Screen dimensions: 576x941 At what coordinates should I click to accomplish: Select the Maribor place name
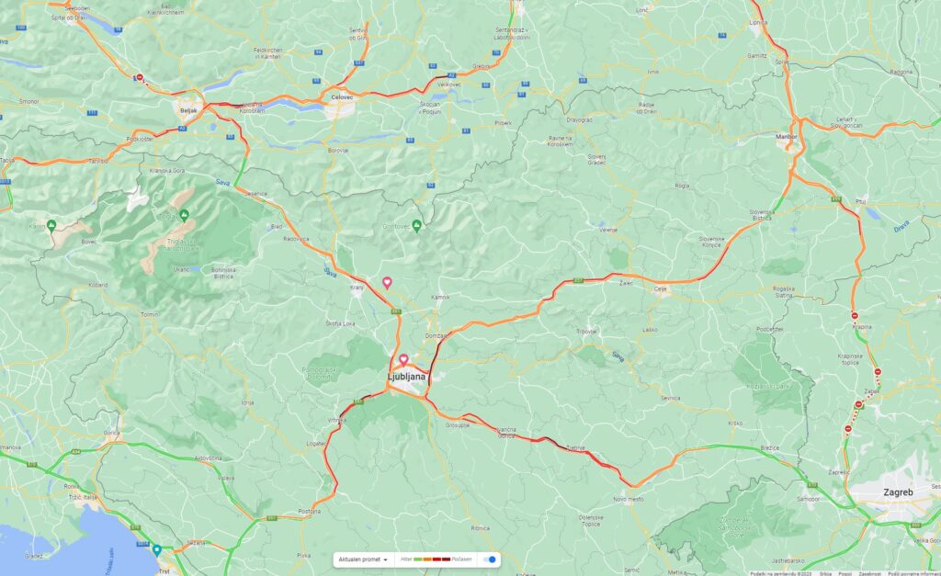[x=786, y=137]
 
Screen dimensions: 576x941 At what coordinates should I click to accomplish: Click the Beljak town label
[x=189, y=107]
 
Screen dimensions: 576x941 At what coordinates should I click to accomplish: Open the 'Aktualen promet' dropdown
[x=362, y=559]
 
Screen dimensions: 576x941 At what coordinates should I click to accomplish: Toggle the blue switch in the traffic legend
[x=491, y=559]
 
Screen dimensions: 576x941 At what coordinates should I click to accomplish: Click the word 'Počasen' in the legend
[x=461, y=559]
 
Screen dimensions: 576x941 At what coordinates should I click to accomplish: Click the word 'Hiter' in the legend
[x=406, y=559]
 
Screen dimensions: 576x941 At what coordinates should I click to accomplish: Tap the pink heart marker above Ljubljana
[x=402, y=359]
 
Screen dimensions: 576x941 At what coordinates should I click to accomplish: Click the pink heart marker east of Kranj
[x=387, y=282]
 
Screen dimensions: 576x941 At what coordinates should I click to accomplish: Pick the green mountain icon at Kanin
[x=52, y=225]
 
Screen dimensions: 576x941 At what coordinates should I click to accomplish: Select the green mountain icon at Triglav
[x=184, y=215]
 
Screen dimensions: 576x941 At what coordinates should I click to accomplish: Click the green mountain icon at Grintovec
[x=417, y=225]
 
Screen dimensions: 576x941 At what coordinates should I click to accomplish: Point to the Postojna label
[x=308, y=512]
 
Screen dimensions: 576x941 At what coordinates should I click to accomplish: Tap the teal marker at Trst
[x=156, y=550]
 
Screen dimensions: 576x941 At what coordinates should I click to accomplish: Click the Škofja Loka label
[x=343, y=323]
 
